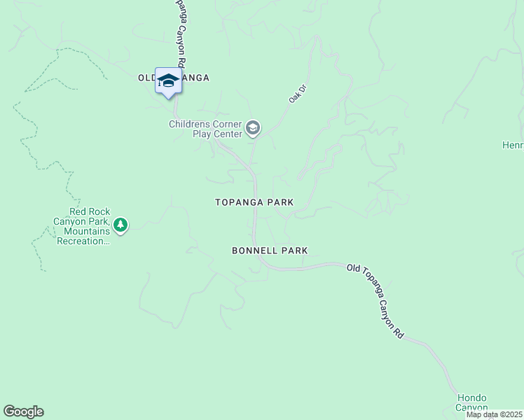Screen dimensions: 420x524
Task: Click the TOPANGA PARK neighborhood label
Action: (254, 202)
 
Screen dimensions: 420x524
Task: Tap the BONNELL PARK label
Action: (270, 251)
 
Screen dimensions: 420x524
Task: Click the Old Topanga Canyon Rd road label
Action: (375, 302)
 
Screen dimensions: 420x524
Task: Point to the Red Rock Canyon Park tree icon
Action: (121, 225)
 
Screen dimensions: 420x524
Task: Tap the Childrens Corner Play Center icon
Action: (253, 129)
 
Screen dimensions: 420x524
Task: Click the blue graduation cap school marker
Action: (168, 81)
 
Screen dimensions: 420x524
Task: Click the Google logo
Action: (23, 412)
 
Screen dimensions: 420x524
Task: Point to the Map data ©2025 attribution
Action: (494, 414)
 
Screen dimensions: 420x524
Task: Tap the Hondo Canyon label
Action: (471, 402)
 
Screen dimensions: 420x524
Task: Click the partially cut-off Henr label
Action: (512, 146)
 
